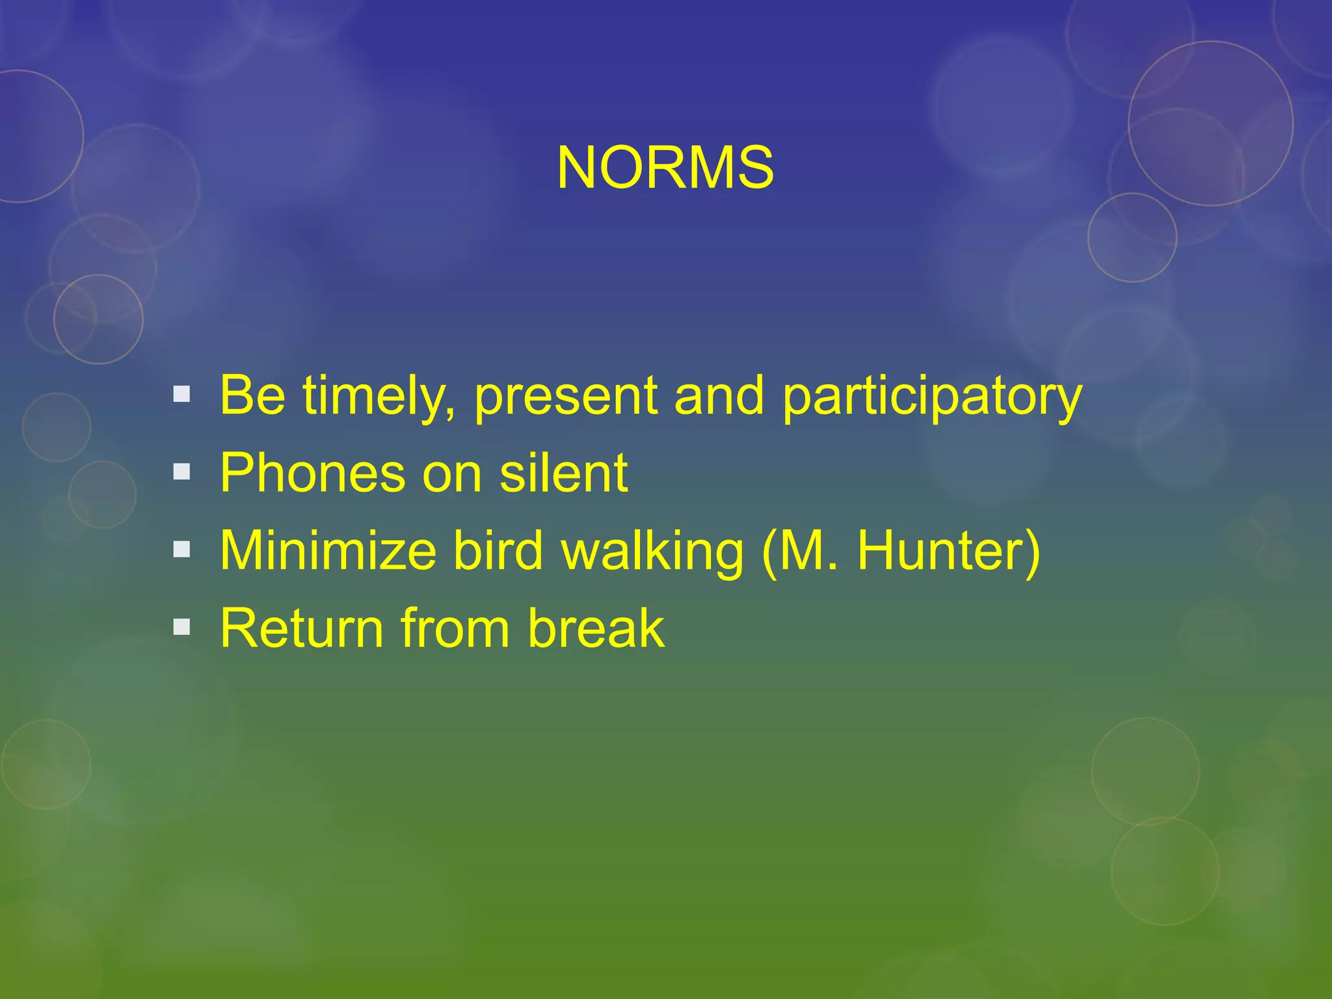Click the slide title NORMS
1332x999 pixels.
pyautogui.click(x=665, y=168)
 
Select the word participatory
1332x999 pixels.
pyautogui.click(x=931, y=397)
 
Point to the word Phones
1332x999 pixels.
pyautogui.click(x=312, y=473)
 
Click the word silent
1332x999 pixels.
pyautogui.click(x=563, y=473)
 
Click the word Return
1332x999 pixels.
pyautogui.click(x=302, y=628)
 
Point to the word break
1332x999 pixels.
pyautogui.click(x=596, y=628)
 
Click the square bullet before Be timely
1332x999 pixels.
pyautogui.click(x=182, y=394)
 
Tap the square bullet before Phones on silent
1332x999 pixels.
pyautogui.click(x=182, y=472)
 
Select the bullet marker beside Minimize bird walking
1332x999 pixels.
pyautogui.click(x=182, y=550)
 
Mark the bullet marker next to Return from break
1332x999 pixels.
pyautogui.click(x=182, y=627)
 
